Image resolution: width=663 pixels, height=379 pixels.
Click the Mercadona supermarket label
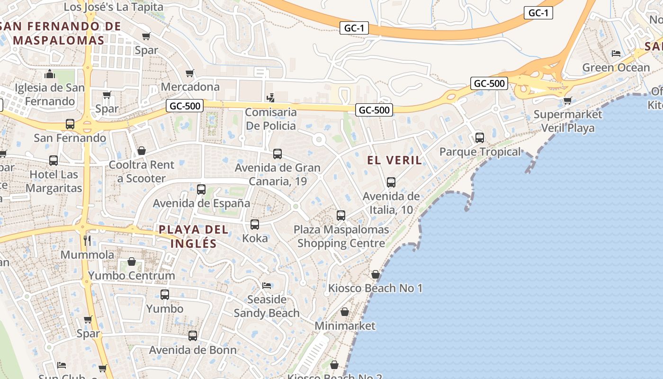click(190, 87)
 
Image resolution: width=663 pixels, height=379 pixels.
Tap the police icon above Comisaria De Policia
click(270, 98)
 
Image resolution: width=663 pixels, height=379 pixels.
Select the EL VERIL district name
click(394, 161)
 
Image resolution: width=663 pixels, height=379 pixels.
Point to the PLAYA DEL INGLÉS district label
click(193, 236)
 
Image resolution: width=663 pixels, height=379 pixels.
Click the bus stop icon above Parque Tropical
click(480, 138)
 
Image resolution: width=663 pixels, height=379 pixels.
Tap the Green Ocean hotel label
click(616, 68)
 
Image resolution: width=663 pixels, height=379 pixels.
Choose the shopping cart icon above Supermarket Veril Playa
click(568, 100)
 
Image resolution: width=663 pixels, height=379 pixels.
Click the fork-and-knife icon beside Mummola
click(87, 240)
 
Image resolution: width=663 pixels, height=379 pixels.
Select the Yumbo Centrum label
click(132, 275)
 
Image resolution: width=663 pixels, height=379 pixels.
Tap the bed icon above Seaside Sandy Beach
click(267, 286)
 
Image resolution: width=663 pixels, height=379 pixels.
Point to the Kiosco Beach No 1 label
click(376, 288)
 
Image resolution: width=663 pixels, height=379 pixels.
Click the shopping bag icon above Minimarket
click(345, 312)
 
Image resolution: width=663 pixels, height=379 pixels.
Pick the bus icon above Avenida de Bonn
click(193, 336)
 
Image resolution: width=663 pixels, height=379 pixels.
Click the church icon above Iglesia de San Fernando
click(50, 74)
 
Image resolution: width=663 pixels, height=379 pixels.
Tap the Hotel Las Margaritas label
click(54, 181)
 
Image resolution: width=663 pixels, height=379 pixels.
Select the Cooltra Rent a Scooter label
click(142, 171)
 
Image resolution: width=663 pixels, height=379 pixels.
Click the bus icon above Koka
click(255, 225)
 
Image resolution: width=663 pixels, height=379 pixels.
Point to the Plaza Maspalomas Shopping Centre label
click(341, 236)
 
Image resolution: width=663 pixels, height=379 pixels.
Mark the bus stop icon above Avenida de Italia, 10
click(391, 182)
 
